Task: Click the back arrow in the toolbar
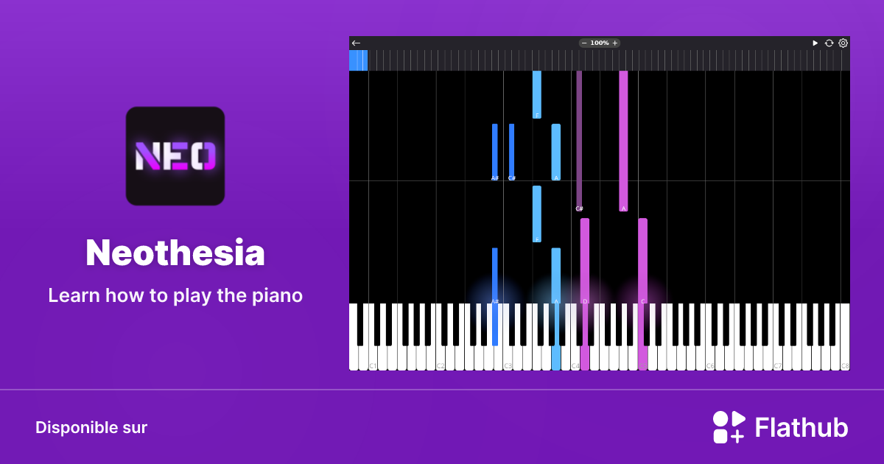[356, 43]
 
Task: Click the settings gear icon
[843, 43]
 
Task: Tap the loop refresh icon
[829, 43]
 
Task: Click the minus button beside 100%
[584, 43]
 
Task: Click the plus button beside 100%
[615, 43]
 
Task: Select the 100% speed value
[600, 43]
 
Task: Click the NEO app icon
[175, 156]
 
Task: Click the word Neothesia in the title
[175, 253]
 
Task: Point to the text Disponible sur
[91, 428]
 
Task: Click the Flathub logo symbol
[729, 427]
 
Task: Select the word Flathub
[801, 428]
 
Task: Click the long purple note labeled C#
[579, 140]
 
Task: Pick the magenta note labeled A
[623, 140]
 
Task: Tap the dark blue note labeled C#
[512, 152]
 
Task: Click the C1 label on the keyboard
[373, 366]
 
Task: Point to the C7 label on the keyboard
[778, 366]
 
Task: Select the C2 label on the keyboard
[441, 366]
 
